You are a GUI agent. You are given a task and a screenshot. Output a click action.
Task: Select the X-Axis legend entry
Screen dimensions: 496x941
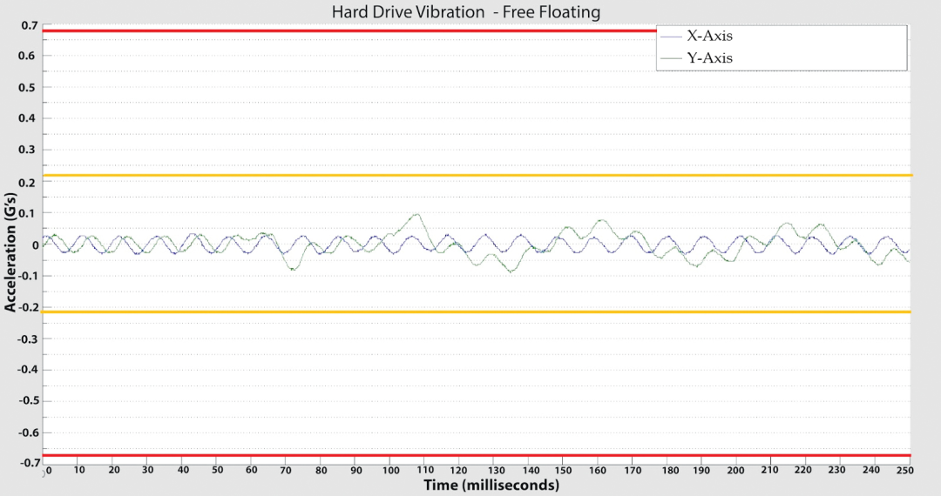[x=705, y=37]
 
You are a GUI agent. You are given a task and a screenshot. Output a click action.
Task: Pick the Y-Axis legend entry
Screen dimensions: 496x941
[x=705, y=58]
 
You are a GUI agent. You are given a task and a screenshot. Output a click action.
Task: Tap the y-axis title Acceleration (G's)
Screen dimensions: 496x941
[x=11, y=246]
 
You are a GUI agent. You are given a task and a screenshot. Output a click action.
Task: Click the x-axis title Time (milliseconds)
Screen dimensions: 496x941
[x=491, y=485]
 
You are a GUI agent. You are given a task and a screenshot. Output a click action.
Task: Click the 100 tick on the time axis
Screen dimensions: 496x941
[x=389, y=470]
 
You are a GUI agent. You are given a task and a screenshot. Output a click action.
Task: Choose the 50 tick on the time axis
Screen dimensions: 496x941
[x=217, y=470]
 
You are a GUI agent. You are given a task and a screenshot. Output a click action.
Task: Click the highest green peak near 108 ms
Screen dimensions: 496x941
[x=417, y=214]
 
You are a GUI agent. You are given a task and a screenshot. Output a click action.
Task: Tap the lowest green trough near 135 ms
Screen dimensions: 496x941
[x=511, y=271]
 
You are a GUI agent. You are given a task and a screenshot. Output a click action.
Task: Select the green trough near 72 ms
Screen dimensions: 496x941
[x=293, y=270]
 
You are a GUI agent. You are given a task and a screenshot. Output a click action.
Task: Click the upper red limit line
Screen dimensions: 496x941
[x=349, y=31]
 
